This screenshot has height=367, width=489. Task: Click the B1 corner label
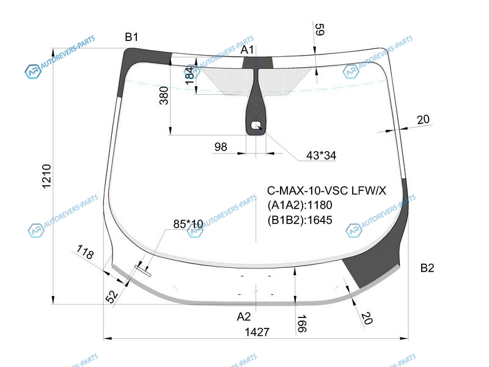pyautogui.click(x=132, y=38)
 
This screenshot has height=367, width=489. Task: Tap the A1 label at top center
pyautogui.click(x=248, y=50)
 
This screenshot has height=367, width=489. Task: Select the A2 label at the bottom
pyautogui.click(x=244, y=316)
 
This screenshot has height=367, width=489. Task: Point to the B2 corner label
pyautogui.click(x=427, y=268)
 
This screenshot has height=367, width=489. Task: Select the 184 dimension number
pyautogui.click(x=189, y=75)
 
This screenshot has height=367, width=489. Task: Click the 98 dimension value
pyautogui.click(x=221, y=147)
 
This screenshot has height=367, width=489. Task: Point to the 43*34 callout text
pyautogui.click(x=321, y=155)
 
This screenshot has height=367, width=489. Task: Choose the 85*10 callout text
pyautogui.click(x=188, y=224)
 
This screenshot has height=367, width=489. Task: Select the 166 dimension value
pyautogui.click(x=301, y=323)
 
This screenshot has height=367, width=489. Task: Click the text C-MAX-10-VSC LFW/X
pyautogui.click(x=327, y=191)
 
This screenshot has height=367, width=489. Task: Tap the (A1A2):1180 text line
pyautogui.click(x=300, y=206)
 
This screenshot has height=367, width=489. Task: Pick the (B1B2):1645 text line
pyautogui.click(x=300, y=220)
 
